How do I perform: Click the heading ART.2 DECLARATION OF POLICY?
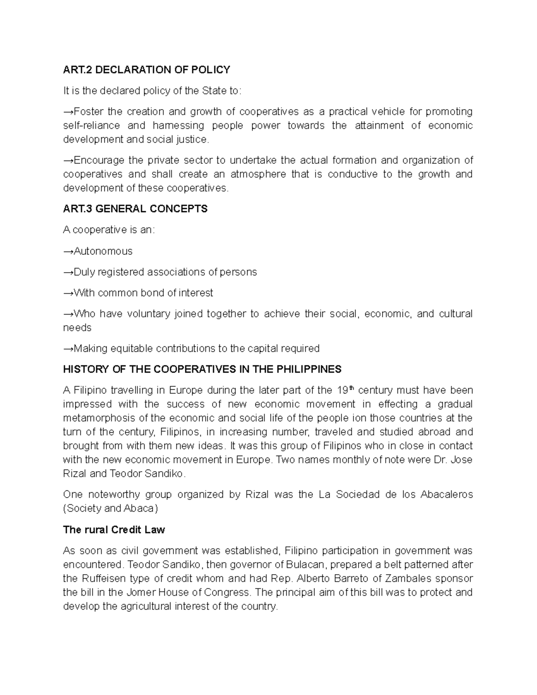146,70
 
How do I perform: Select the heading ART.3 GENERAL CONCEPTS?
135,209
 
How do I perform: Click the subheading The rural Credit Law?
114,530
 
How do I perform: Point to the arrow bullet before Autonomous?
68,252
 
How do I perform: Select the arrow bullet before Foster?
68,112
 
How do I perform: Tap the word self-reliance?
91,126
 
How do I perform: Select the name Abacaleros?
447,495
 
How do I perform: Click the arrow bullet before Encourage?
68,161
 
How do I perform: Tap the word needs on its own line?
77,328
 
